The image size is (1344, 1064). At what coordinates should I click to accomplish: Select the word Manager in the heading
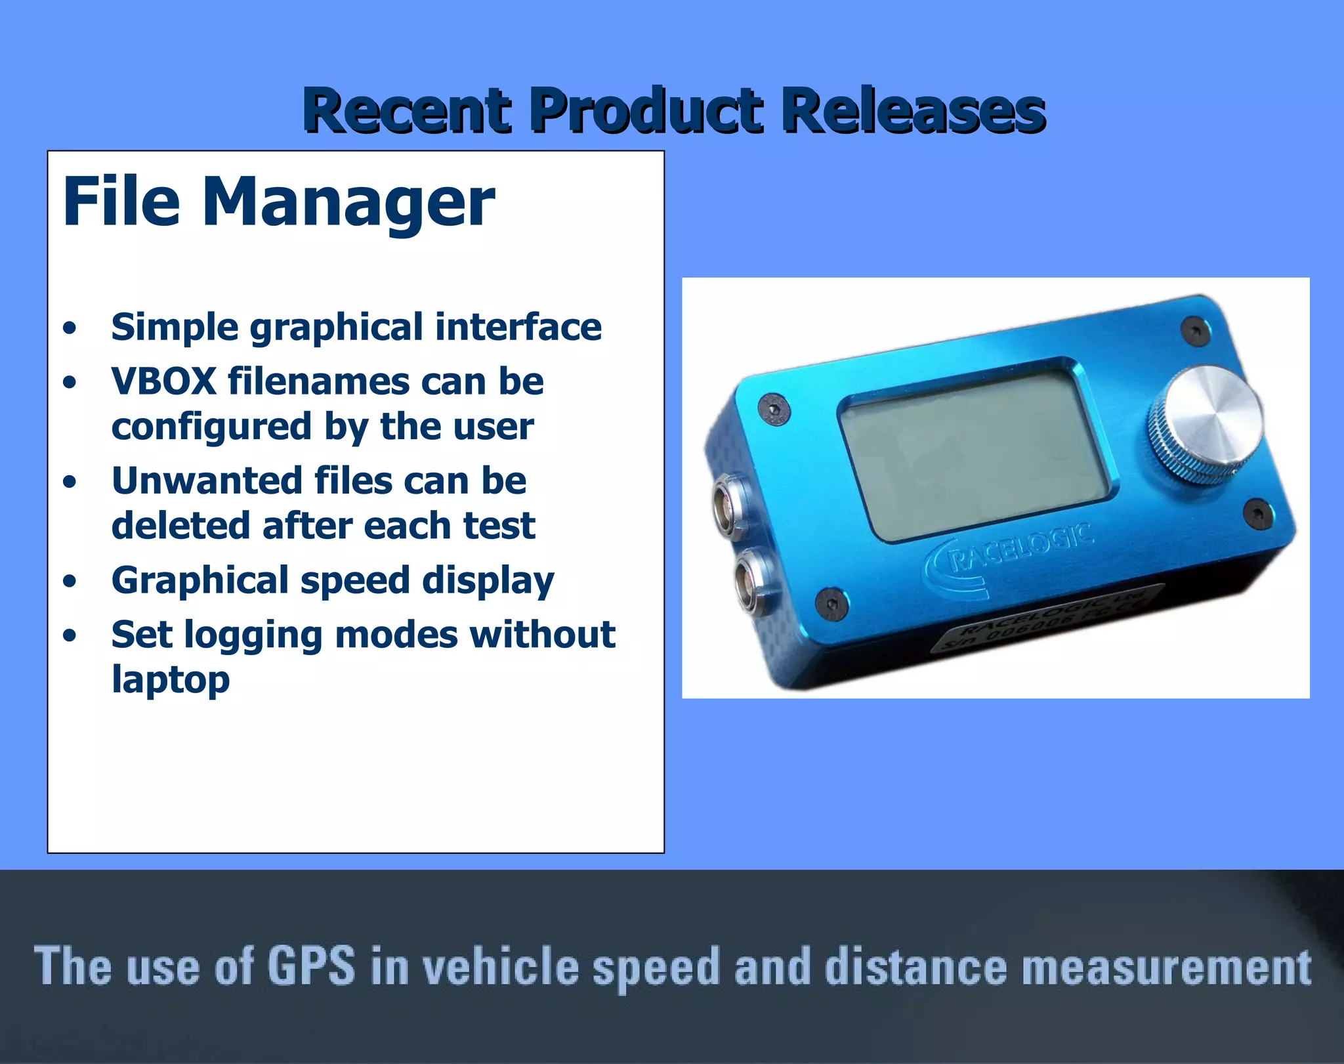348,203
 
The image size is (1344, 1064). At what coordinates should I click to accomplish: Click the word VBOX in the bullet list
164,381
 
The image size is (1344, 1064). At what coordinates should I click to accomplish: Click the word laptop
171,680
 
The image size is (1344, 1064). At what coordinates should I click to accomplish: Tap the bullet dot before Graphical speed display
70,582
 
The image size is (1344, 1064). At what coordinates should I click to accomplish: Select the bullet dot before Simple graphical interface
70,328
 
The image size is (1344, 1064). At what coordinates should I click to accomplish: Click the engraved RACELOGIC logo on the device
1011,557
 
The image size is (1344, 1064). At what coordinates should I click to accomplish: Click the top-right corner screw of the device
1194,329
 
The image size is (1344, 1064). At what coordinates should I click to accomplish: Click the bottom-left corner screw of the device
830,603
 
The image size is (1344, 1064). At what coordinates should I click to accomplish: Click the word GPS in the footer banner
311,966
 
